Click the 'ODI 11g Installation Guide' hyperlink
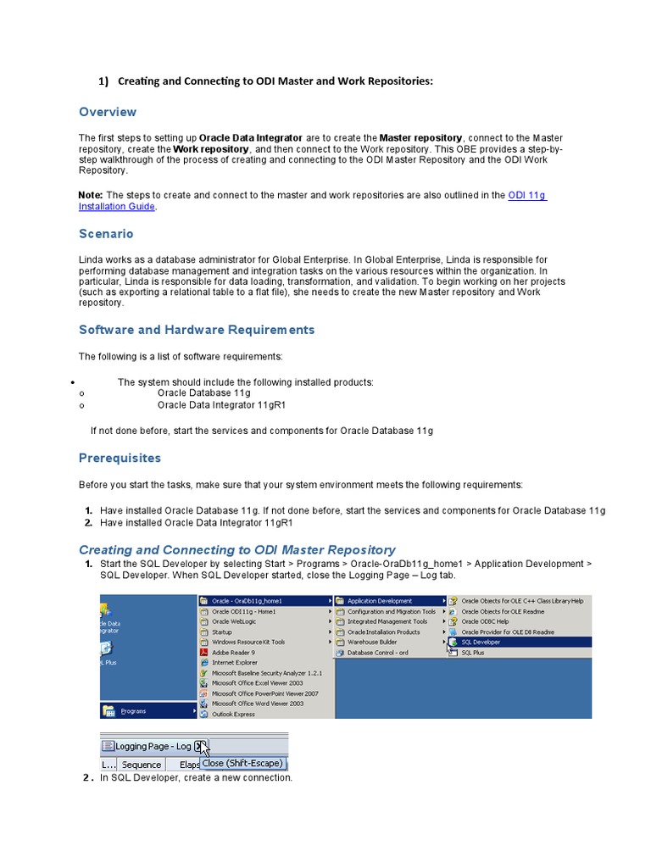coord(526,195)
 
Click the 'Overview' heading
coord(108,112)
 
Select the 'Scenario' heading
coord(106,234)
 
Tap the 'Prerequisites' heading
coord(120,458)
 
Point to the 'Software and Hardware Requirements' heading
coord(197,330)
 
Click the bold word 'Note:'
coord(91,195)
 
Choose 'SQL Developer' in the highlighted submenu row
coord(481,643)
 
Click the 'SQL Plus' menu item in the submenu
coord(473,653)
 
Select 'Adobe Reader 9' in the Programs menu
coord(233,653)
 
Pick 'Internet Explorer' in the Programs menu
coord(236,663)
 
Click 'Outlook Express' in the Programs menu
coord(233,714)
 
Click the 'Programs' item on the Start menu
coord(134,710)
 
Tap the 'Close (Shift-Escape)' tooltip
coord(242,763)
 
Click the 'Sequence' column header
coord(142,764)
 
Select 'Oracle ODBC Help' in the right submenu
coord(485,621)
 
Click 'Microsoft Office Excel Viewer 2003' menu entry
coord(258,683)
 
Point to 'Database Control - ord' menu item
coord(378,653)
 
